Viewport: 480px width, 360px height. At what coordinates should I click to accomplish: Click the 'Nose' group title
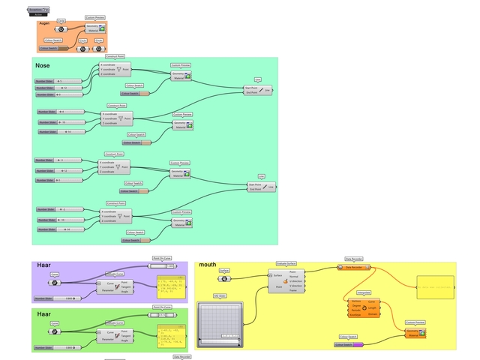pyautogui.click(x=43, y=66)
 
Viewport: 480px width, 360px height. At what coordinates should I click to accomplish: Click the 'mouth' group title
pyautogui.click(x=208, y=265)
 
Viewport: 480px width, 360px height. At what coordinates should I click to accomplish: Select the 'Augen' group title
pyautogui.click(x=44, y=23)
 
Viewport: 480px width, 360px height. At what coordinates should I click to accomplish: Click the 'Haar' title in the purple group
pyautogui.click(x=44, y=265)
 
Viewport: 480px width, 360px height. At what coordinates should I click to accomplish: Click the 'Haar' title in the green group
pyautogui.click(x=44, y=313)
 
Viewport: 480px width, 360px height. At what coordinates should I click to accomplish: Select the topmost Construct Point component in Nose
pyautogui.click(x=115, y=70)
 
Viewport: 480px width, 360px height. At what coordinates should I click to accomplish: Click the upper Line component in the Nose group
pyautogui.click(x=258, y=90)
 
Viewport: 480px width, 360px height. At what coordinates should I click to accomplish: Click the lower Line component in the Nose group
pyautogui.click(x=261, y=187)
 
